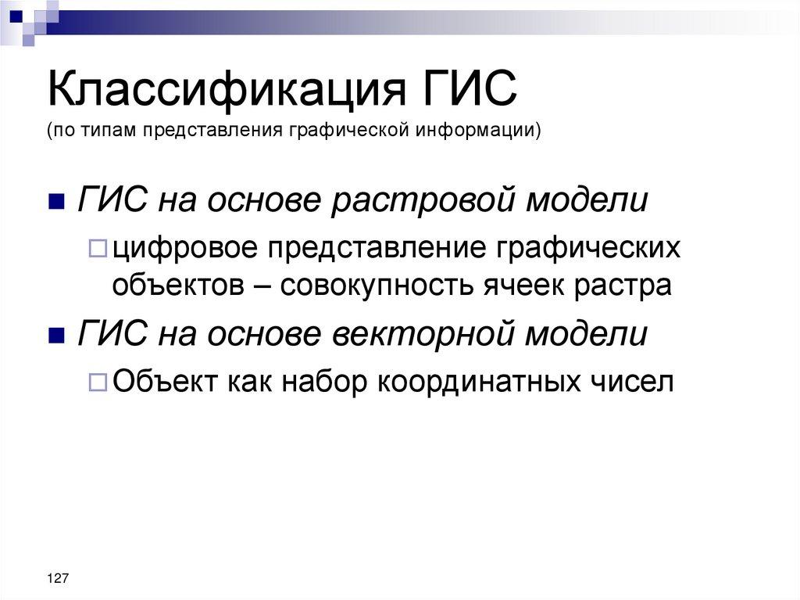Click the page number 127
(x=58, y=577)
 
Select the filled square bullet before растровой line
(x=55, y=203)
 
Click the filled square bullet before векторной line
(x=55, y=336)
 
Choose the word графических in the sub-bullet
(x=587, y=250)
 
